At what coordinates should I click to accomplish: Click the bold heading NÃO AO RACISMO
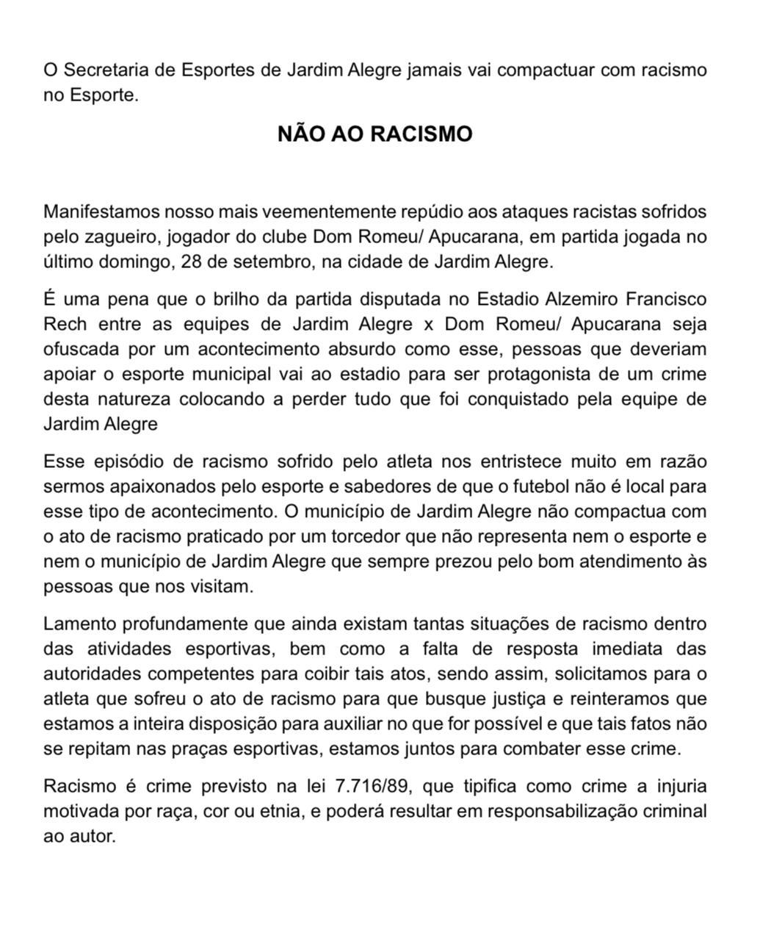click(x=374, y=134)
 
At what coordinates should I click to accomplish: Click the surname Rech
click(x=65, y=325)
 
